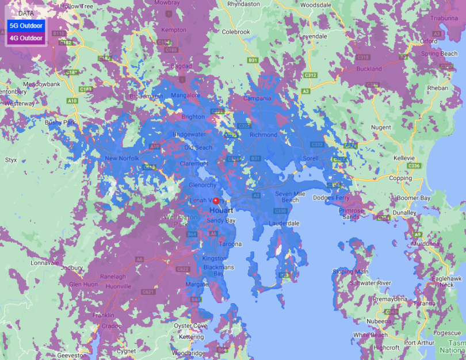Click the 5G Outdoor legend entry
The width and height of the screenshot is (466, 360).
[25, 25]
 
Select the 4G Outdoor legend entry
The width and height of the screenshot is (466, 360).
[25, 38]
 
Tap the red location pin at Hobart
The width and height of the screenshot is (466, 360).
[216, 201]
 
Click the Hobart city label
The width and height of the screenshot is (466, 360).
[221, 210]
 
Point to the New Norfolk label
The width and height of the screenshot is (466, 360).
[119, 158]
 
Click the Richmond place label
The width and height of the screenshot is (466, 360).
[263, 135]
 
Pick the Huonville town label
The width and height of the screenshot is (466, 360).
[119, 286]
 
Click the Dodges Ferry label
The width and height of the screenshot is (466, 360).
[331, 198]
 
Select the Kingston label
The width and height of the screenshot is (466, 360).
[215, 259]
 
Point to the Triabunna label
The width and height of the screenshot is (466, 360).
[444, 18]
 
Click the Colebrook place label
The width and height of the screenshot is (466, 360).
[236, 32]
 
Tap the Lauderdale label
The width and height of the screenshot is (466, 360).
[284, 223]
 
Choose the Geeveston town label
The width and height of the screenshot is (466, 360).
[72, 356]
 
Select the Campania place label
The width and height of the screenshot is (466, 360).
[257, 98]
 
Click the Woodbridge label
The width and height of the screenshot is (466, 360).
[188, 353]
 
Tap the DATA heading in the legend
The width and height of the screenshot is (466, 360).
[25, 13]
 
